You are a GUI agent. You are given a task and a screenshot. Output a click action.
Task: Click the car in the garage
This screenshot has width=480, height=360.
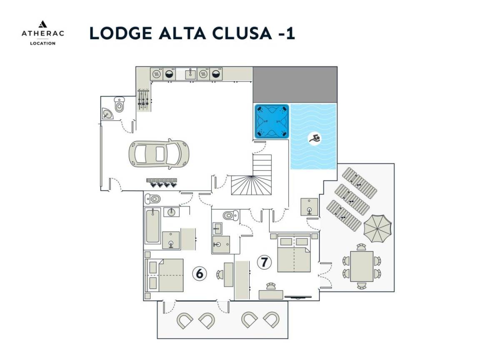coord(159,154)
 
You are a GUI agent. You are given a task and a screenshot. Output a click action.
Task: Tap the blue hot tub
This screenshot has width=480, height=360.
coord(272,121)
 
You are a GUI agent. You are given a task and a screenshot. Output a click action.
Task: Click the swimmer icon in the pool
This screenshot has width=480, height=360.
coord(315,138)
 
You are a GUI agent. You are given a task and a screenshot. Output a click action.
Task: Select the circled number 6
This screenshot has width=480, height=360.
coord(200,273)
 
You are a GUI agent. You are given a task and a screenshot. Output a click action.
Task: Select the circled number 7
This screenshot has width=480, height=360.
coord(264,262)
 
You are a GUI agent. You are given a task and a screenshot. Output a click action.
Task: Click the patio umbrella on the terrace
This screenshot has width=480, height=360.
coord(377,227)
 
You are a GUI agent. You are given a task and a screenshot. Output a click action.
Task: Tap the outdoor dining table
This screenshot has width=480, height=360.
coord(362,266)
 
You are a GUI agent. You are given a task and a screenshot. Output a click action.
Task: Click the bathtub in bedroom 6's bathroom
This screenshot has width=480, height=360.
coord(152,226)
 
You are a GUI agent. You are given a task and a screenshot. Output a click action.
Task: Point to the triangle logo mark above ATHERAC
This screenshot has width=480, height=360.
coord(42,24)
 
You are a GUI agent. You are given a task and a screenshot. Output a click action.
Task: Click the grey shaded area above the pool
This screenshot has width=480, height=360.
coord(295,85)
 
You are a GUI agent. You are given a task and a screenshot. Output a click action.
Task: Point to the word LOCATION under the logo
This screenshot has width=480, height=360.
coord(42,43)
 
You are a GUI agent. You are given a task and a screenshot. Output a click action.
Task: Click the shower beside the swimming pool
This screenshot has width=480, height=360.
coord(309,207)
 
